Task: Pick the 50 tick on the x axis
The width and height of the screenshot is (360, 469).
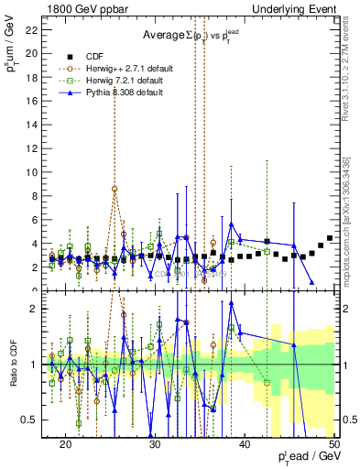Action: (x=335, y=442)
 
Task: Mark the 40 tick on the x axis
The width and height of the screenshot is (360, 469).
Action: (x=245, y=442)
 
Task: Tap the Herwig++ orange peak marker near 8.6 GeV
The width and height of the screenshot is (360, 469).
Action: (x=115, y=190)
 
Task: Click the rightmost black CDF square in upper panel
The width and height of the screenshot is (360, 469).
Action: (x=330, y=238)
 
